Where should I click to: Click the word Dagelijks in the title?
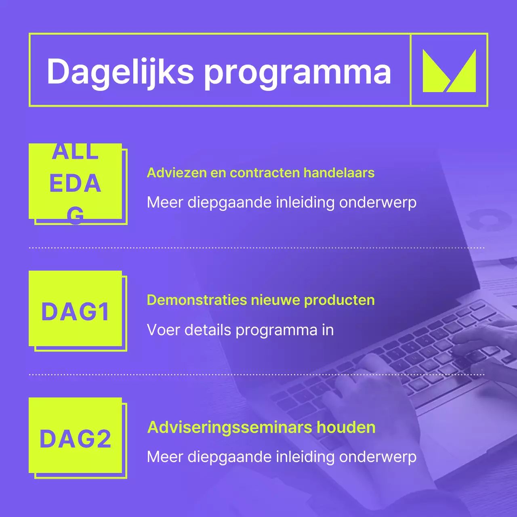tap(120, 72)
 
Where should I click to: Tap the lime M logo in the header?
tap(449, 71)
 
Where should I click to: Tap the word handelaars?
tap(339, 173)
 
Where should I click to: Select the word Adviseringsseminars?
tap(229, 427)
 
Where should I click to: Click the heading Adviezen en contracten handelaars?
tap(261, 173)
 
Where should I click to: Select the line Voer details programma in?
tap(240, 330)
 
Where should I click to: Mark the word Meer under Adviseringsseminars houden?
tap(165, 457)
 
